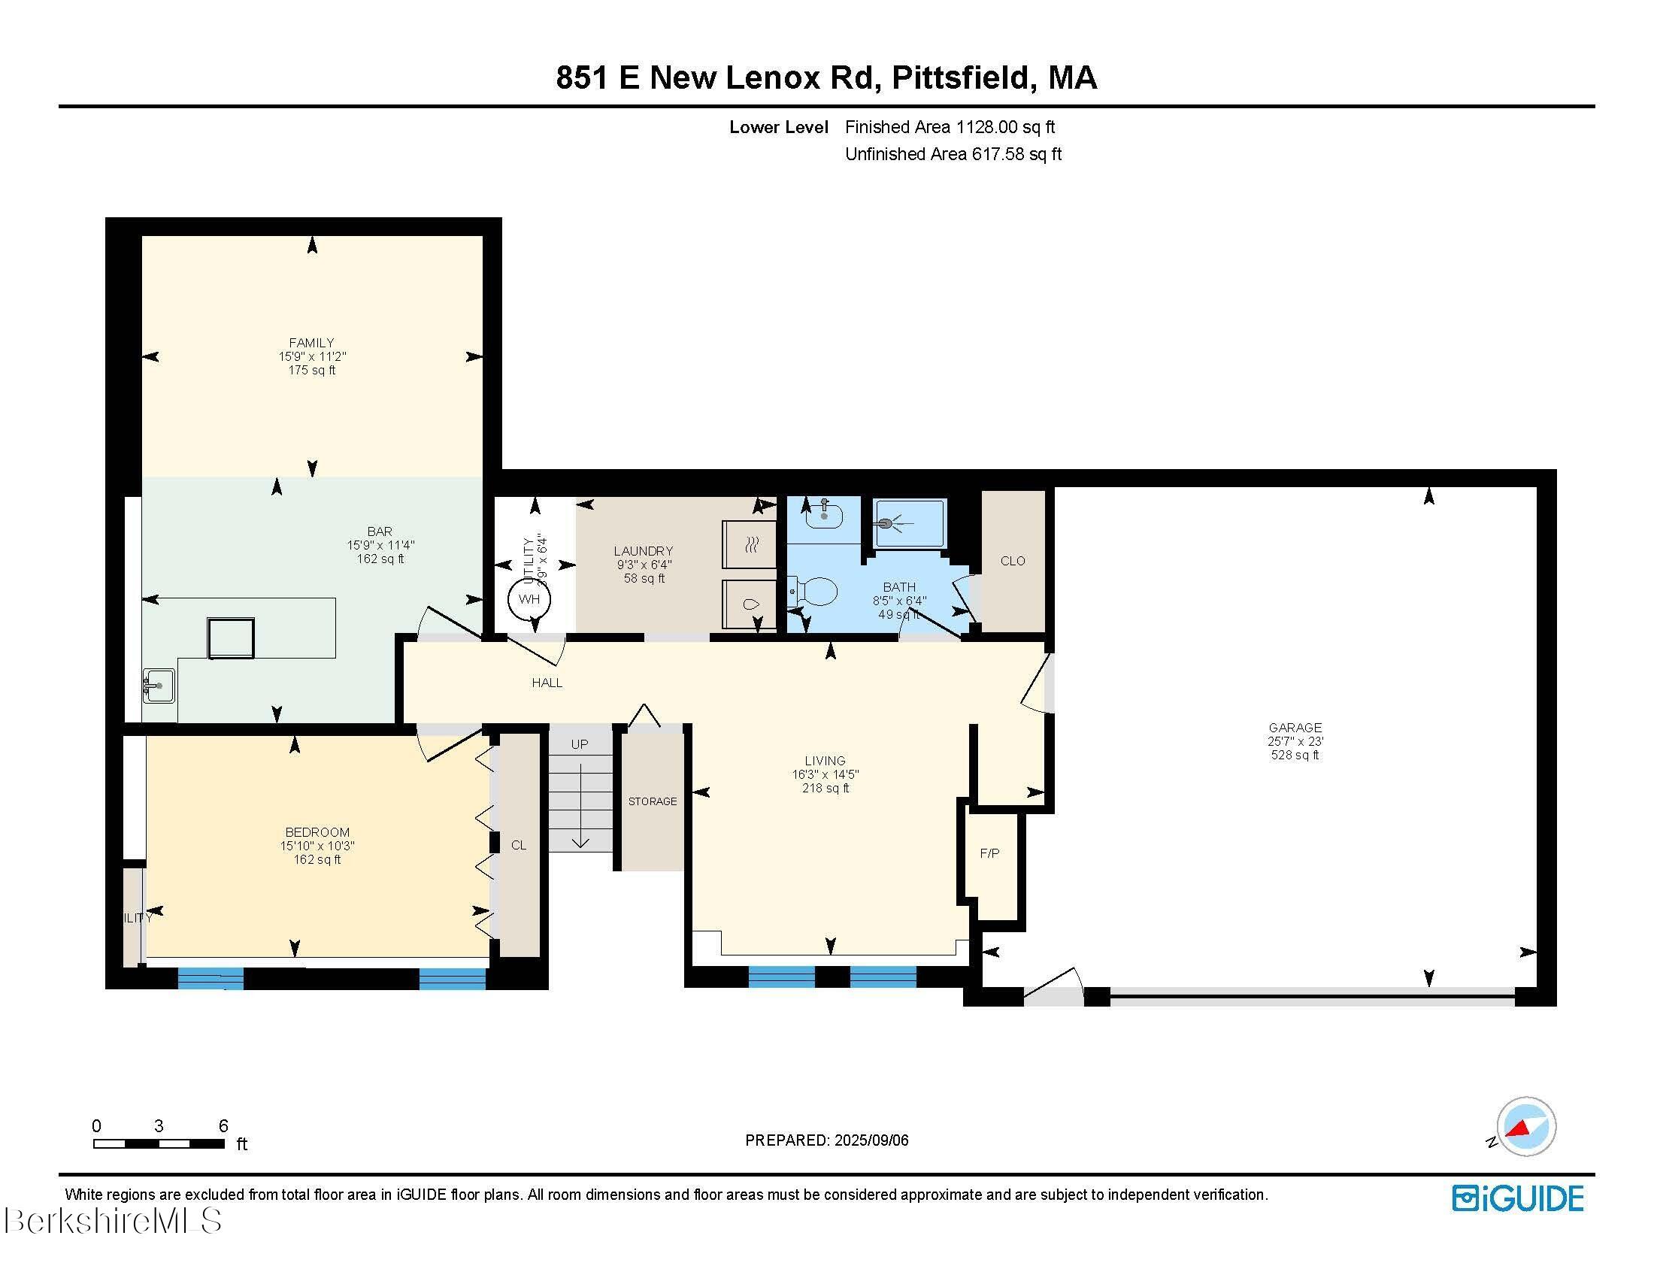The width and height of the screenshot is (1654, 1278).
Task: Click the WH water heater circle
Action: tap(529, 599)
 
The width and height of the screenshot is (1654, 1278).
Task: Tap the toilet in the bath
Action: tap(814, 592)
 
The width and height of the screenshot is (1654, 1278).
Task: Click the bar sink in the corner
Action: tap(158, 686)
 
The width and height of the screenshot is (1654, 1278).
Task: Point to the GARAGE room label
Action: tap(1295, 728)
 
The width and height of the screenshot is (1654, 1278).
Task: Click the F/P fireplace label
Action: tap(989, 853)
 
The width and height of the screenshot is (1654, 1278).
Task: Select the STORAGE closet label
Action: tap(652, 801)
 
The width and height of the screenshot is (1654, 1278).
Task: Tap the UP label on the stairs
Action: tap(580, 744)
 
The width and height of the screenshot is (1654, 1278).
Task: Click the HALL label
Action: tap(547, 683)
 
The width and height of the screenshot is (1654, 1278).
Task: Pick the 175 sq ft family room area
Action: tap(311, 370)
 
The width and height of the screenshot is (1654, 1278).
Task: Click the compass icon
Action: tap(1525, 1126)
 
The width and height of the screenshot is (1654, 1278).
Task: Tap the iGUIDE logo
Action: tap(1518, 1198)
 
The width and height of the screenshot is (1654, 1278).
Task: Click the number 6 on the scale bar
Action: tap(223, 1126)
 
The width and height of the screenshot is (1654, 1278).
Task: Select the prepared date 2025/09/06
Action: tap(870, 1140)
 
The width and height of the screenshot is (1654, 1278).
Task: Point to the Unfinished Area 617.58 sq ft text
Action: tap(953, 154)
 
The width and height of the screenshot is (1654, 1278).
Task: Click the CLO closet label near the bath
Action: tap(1013, 561)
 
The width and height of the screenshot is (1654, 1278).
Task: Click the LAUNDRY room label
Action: tap(644, 551)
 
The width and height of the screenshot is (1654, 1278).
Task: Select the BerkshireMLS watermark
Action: tap(112, 1220)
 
